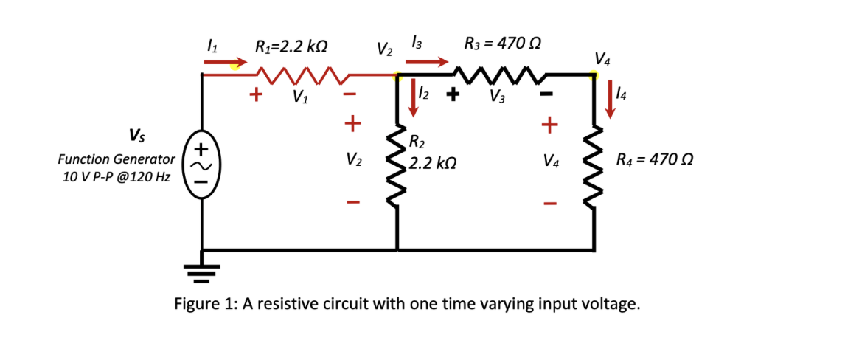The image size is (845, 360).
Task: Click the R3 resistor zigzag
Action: tap(498, 74)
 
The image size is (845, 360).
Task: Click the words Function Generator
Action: tap(116, 159)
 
